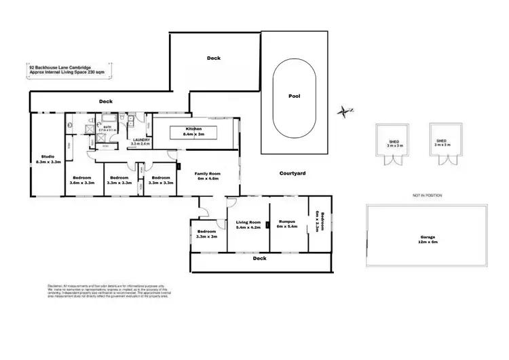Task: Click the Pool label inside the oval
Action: (x=295, y=96)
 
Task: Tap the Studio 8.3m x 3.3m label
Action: (x=48, y=159)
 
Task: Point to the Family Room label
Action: (x=206, y=176)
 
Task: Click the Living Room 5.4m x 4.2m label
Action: (x=248, y=225)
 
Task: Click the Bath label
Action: (x=109, y=126)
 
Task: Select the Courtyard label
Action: (x=293, y=174)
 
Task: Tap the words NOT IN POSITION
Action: (x=427, y=195)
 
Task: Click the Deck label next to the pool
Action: (x=214, y=58)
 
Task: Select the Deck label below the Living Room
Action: (x=259, y=258)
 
